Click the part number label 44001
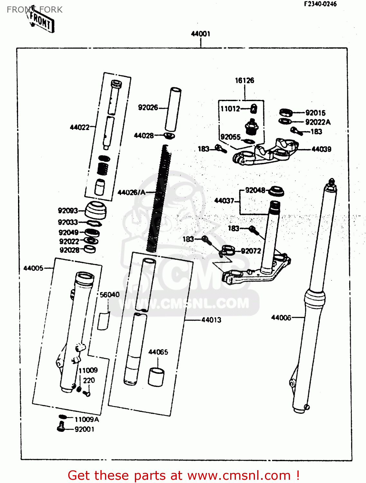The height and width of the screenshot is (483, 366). [x=200, y=34]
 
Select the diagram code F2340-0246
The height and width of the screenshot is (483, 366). [x=320, y=4]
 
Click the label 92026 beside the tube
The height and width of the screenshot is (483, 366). [x=148, y=108]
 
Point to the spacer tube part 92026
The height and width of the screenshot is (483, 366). [x=173, y=109]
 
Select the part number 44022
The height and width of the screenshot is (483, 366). [x=80, y=127]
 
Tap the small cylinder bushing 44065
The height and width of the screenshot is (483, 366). [x=156, y=377]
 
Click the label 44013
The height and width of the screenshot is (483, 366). [x=211, y=320]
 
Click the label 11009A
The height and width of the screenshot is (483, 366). [x=87, y=419]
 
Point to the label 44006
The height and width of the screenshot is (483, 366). [x=281, y=318]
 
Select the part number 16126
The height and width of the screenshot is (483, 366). [x=244, y=80]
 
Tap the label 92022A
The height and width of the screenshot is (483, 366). [x=318, y=122]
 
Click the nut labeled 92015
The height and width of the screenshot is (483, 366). [x=286, y=112]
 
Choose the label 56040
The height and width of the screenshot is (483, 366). [x=109, y=295]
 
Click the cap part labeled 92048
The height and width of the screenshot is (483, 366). [x=276, y=191]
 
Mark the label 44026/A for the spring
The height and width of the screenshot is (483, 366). [x=131, y=193]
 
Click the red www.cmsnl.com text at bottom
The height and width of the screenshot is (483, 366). [x=239, y=475]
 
